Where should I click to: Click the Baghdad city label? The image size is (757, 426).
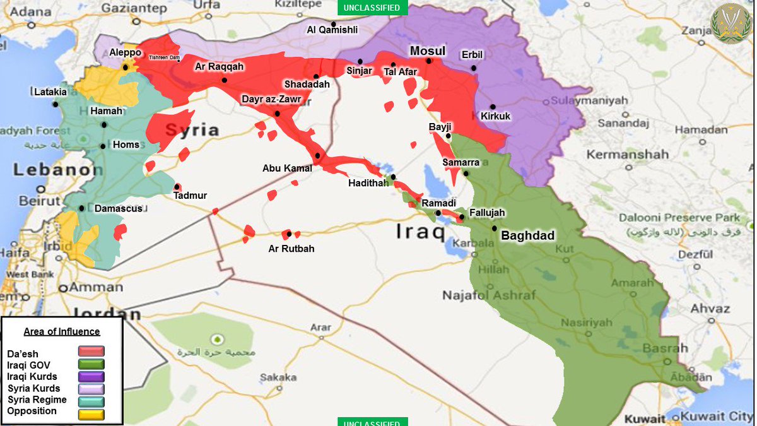(527, 236)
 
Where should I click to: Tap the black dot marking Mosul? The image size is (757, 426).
(429, 61)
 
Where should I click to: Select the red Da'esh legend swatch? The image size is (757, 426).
(91, 352)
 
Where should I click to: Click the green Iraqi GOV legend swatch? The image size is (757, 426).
(91, 364)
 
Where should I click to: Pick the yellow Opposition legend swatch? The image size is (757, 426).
(91, 413)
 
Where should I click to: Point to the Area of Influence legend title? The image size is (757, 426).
(62, 331)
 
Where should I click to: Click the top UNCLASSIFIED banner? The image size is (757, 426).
(372, 8)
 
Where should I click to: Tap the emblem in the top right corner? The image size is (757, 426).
(731, 23)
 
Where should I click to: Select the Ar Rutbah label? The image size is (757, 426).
(291, 249)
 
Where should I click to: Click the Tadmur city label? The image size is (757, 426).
(190, 196)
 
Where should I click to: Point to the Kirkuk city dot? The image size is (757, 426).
(493, 107)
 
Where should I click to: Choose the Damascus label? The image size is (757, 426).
(118, 208)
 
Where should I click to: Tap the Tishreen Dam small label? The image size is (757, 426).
(164, 58)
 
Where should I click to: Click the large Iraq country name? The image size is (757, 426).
(420, 232)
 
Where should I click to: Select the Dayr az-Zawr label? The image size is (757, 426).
(272, 99)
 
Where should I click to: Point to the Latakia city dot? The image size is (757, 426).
(56, 105)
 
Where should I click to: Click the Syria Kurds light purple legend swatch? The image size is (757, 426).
(91, 389)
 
